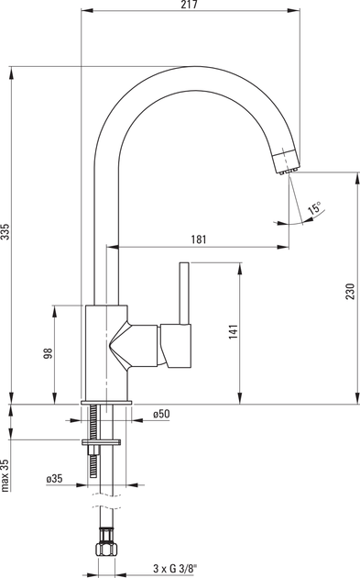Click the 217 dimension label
pos(190,5)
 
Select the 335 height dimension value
pos(5,231)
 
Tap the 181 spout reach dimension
pos(199,239)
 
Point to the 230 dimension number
pos(350,291)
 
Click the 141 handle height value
pos(234,332)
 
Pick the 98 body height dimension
pos(49,353)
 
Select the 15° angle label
pos(315,208)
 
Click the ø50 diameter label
pos(162,414)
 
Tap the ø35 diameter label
pos(54,479)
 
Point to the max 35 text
pos(5,475)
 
